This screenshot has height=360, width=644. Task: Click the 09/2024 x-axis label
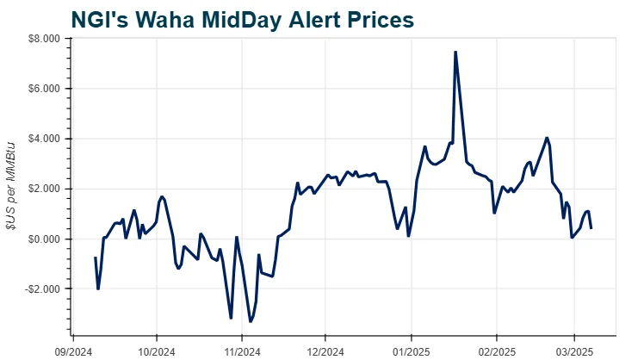click(x=73, y=351)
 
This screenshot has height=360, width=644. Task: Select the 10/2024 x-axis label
click(x=156, y=351)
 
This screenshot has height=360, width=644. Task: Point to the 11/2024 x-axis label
click(x=242, y=351)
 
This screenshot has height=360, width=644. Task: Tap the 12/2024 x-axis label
click(x=325, y=351)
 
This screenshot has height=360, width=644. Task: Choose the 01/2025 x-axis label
click(x=411, y=351)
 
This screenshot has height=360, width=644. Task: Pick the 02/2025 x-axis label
click(x=496, y=351)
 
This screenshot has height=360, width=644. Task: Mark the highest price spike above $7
click(x=455, y=52)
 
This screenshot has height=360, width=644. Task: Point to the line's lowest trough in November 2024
click(x=251, y=321)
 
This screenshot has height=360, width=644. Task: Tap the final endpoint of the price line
click(x=591, y=227)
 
